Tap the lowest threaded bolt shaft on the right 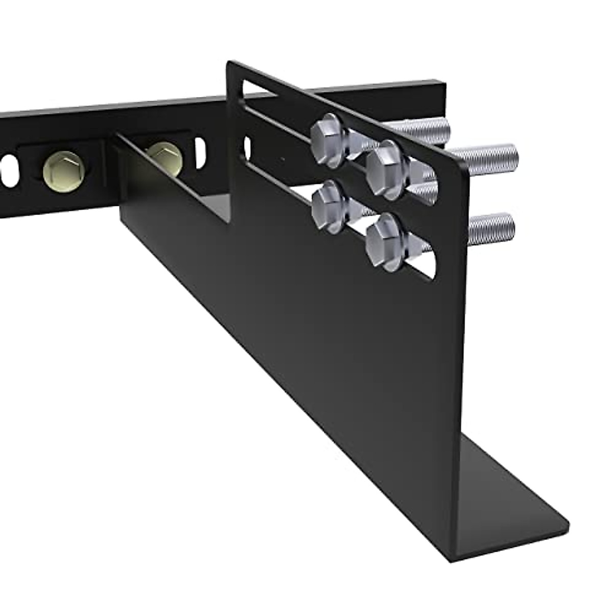(490, 228)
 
